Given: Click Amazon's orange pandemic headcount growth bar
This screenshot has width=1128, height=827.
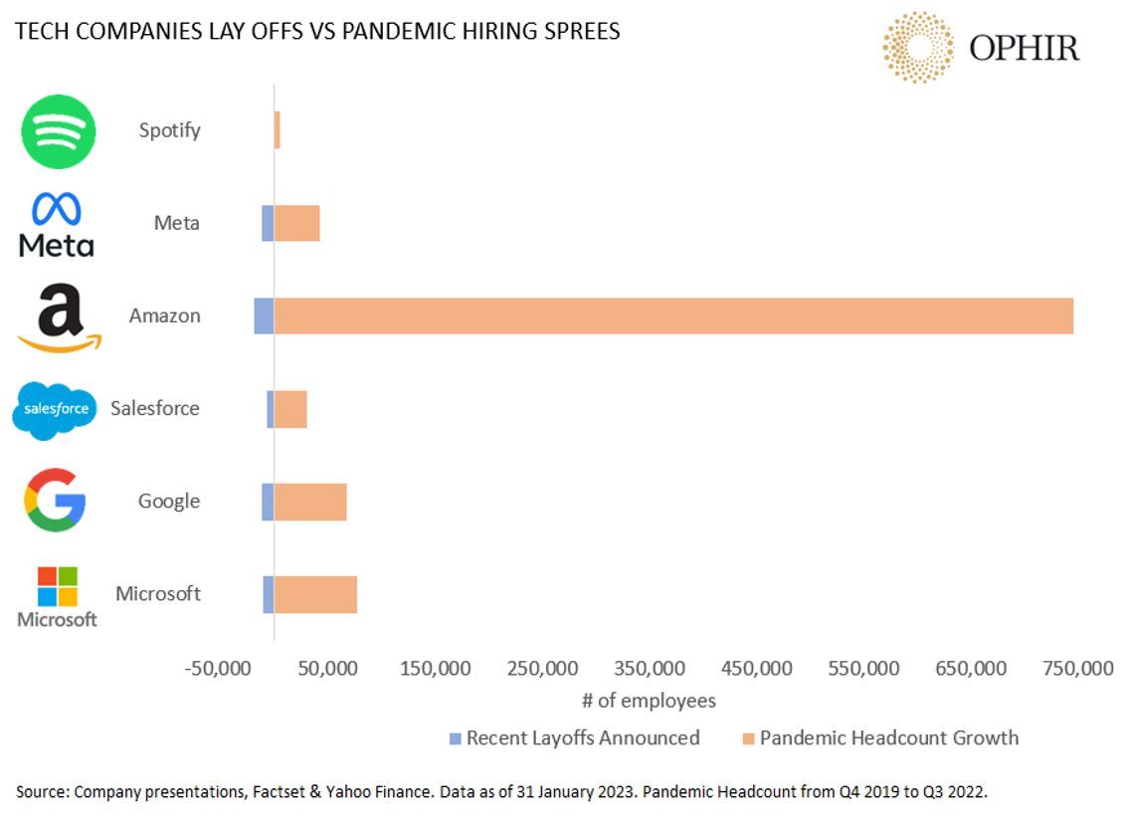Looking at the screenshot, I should tap(672, 315).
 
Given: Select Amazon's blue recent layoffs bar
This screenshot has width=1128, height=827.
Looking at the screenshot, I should tap(264, 315).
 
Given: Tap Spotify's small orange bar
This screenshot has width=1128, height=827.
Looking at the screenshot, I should tap(278, 130).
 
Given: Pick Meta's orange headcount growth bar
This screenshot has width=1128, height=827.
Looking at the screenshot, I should tap(296, 223).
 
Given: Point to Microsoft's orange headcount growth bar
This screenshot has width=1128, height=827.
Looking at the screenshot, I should tap(315, 594).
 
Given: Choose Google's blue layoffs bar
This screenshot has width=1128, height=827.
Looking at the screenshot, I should tap(268, 502).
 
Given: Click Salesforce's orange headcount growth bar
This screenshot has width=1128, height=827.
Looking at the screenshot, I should tap(290, 408).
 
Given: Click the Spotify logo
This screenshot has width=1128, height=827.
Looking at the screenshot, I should tap(59, 131).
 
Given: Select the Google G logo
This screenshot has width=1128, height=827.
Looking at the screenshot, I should tap(55, 501).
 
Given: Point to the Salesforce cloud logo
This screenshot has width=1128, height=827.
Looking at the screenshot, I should tap(55, 409).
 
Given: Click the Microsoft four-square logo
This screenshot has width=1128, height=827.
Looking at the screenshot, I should tap(57, 587).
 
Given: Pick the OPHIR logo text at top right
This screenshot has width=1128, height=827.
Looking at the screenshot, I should tap(1024, 48).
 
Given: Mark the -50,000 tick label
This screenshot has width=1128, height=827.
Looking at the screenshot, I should tap(219, 669).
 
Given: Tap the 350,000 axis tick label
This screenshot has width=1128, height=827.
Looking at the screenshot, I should tap(648, 669).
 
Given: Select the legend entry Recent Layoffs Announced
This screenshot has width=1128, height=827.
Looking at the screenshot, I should tap(582, 738).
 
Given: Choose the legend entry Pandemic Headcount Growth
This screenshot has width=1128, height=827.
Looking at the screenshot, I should tap(888, 738).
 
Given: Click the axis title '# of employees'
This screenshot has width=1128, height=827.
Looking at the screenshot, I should tap(649, 701).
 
